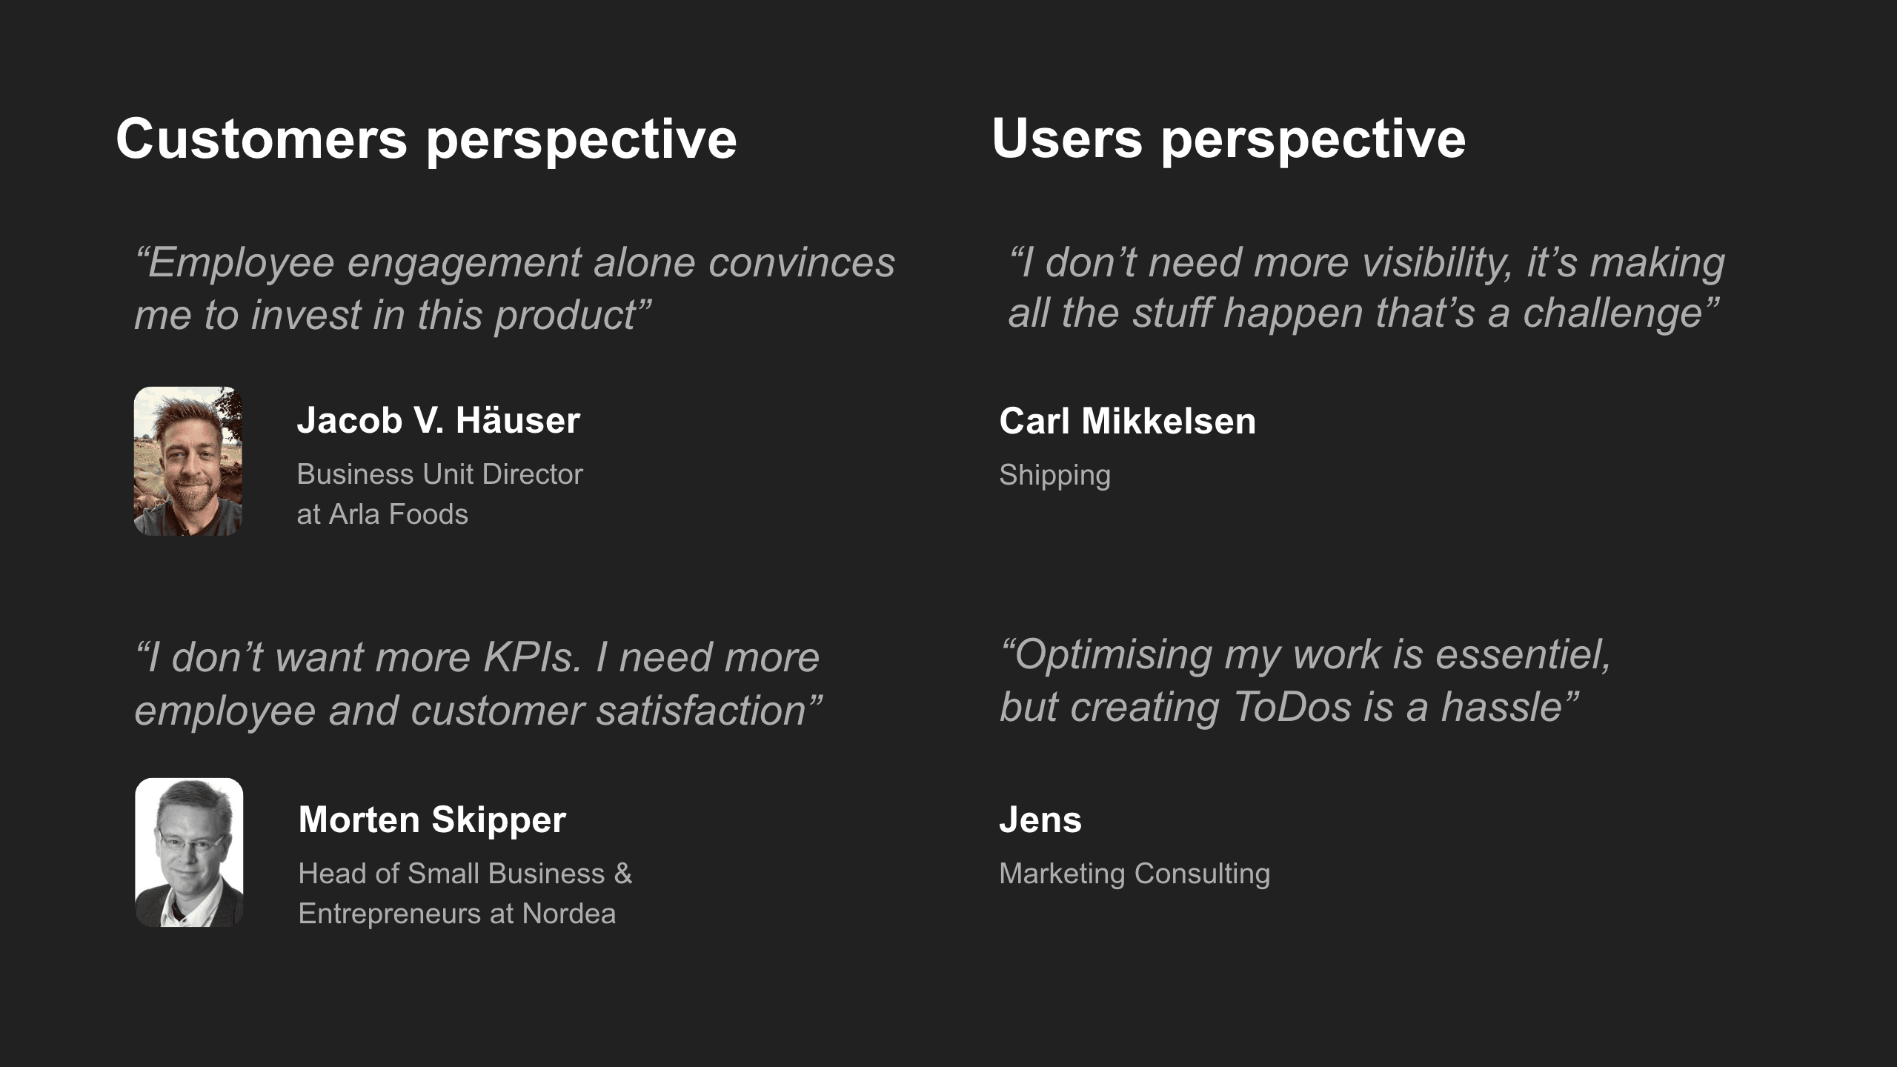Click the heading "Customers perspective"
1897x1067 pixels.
[x=426, y=140]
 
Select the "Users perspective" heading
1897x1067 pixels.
[x=1229, y=140]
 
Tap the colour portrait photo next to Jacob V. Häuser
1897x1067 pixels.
[x=188, y=461]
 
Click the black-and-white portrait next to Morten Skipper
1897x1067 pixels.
[x=189, y=852]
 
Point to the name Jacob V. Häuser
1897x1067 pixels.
[x=439, y=420]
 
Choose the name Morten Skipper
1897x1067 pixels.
[x=432, y=820]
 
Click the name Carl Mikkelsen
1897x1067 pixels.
[x=1128, y=421]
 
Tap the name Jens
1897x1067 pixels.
[x=1040, y=820]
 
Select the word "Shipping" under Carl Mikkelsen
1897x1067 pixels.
[x=1055, y=475]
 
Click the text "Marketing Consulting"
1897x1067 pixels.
[x=1134, y=874]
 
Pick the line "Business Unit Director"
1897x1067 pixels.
[x=440, y=474]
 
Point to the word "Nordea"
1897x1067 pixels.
[x=569, y=914]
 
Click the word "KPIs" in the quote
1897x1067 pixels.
[x=533, y=657]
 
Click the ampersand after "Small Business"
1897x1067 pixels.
[x=623, y=874]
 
